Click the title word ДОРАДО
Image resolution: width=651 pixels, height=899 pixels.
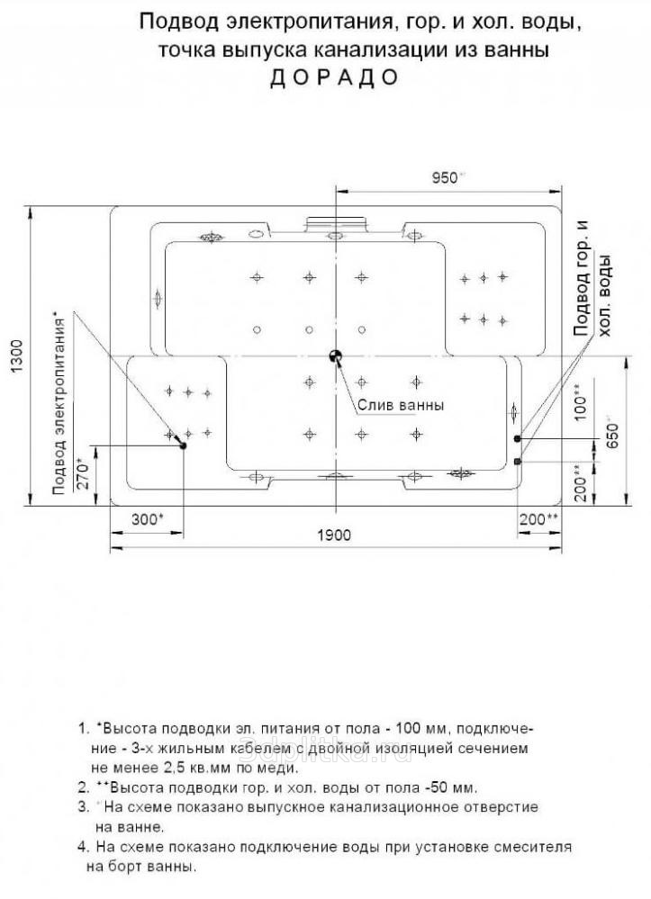(x=334, y=76)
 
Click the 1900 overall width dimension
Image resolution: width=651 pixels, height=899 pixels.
(x=334, y=535)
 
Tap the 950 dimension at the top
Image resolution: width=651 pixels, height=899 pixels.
(x=446, y=178)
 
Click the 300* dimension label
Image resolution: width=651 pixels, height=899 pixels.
(x=147, y=519)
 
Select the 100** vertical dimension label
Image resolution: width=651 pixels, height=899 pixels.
(x=577, y=404)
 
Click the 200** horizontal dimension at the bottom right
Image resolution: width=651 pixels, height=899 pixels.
(x=539, y=519)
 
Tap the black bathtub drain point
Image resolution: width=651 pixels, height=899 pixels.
(x=336, y=356)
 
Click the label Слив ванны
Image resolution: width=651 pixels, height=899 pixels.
(x=401, y=405)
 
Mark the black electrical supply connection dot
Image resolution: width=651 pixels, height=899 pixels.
(x=184, y=445)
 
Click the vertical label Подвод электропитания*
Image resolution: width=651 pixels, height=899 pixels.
(x=59, y=402)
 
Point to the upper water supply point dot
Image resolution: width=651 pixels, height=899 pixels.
(x=518, y=438)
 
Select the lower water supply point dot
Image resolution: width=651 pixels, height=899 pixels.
(x=518, y=461)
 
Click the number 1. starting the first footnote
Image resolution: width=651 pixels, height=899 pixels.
(x=84, y=727)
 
